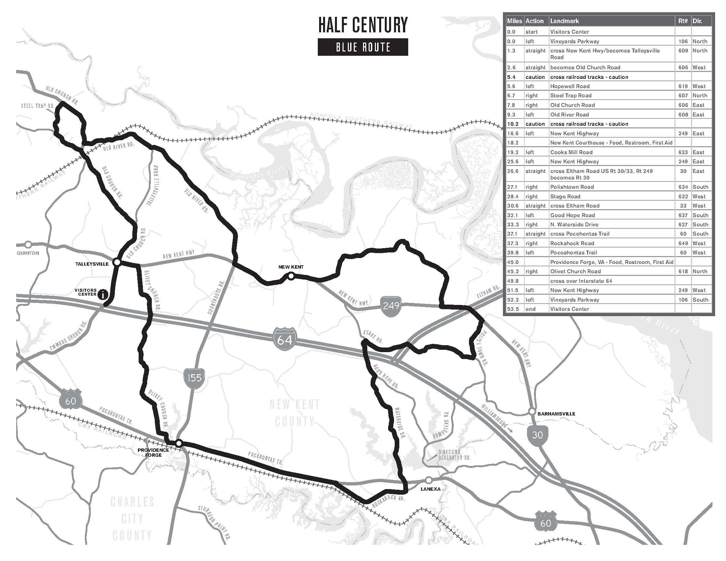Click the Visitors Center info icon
point(104,294)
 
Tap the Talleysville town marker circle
point(117,262)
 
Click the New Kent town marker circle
point(291,276)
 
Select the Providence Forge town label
point(153,452)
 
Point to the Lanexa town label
point(430,489)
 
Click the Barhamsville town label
point(556,414)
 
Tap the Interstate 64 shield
point(285,339)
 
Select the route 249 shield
point(391,306)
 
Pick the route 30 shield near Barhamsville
point(537,434)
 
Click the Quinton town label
point(28,253)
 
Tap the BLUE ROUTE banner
point(363,47)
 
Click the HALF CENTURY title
point(363,25)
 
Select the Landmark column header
point(564,21)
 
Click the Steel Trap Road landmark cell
point(571,96)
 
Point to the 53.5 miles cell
point(512,309)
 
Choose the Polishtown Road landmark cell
point(572,187)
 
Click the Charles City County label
point(132,518)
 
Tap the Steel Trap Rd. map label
point(38,106)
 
